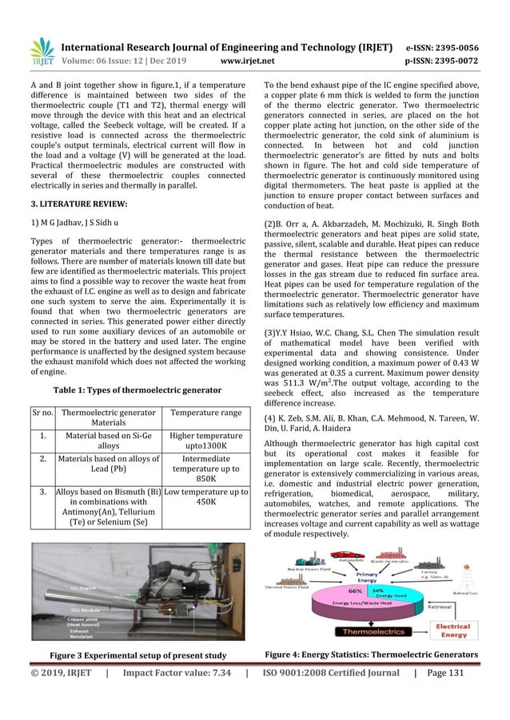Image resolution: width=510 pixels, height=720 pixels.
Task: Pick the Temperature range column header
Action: pos(205,412)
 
